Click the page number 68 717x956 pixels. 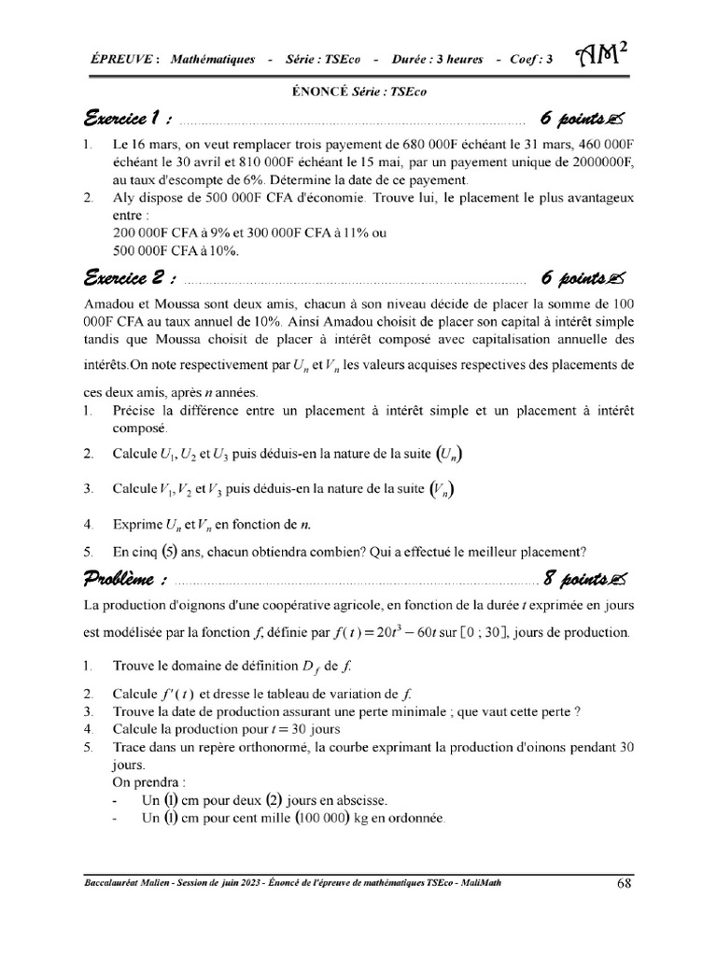(625, 882)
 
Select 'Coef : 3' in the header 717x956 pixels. (531, 59)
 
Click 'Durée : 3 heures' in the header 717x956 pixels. (439, 59)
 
